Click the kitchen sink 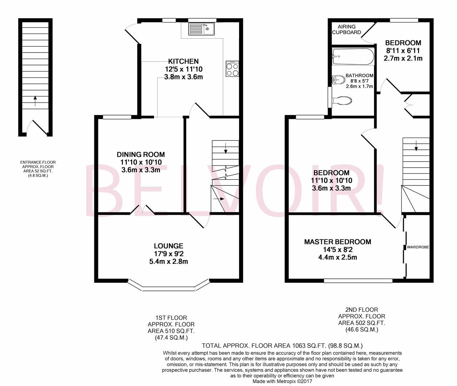(201, 29)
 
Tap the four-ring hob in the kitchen (232, 69)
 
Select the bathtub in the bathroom (353, 56)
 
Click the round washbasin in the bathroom (336, 80)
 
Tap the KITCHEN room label (183, 61)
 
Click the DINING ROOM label (141, 154)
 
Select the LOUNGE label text (168, 246)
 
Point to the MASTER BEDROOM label (337, 242)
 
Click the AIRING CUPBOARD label (347, 29)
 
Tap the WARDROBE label (418, 247)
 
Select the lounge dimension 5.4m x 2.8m (168, 261)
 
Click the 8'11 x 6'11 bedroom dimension (403, 50)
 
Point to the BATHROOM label (359, 75)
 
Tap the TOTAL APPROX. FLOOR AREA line (282, 346)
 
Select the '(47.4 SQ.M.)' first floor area (171, 337)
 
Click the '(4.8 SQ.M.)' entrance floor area (38, 175)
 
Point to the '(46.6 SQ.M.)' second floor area (362, 330)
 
